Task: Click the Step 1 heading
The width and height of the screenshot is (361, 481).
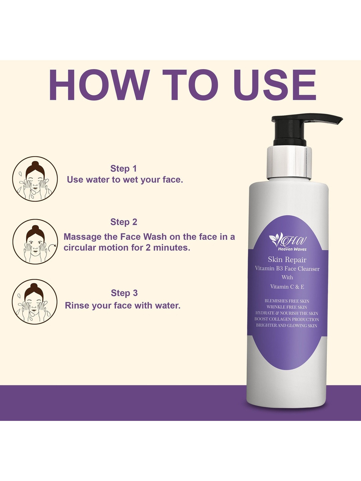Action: [123, 168]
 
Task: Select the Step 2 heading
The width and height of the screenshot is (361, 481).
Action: [124, 222]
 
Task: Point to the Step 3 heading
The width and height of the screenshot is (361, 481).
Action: [124, 293]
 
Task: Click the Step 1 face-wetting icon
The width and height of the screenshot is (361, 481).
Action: [35, 179]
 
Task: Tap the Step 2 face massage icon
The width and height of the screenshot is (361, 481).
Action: [35, 242]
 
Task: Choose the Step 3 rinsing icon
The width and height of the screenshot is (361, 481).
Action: [35, 302]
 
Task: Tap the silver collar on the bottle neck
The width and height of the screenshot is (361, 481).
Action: [289, 163]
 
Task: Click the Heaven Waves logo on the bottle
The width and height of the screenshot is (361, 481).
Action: [288, 243]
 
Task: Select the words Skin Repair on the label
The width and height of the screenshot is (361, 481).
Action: [287, 260]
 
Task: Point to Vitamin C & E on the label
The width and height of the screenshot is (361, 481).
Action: [287, 287]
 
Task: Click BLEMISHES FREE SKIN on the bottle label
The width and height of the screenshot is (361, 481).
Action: [287, 301]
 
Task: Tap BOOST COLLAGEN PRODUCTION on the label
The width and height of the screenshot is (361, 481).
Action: [287, 319]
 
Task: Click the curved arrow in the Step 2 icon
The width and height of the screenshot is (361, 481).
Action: [52, 248]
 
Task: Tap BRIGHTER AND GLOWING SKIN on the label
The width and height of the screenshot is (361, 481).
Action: [287, 325]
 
